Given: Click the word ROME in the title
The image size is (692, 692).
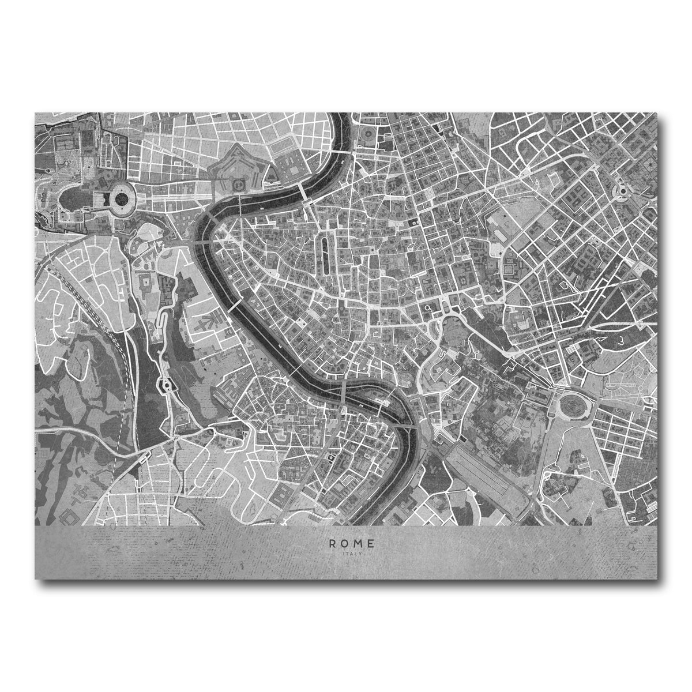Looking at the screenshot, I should [x=351, y=543].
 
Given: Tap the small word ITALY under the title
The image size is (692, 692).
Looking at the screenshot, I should [x=351, y=554].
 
